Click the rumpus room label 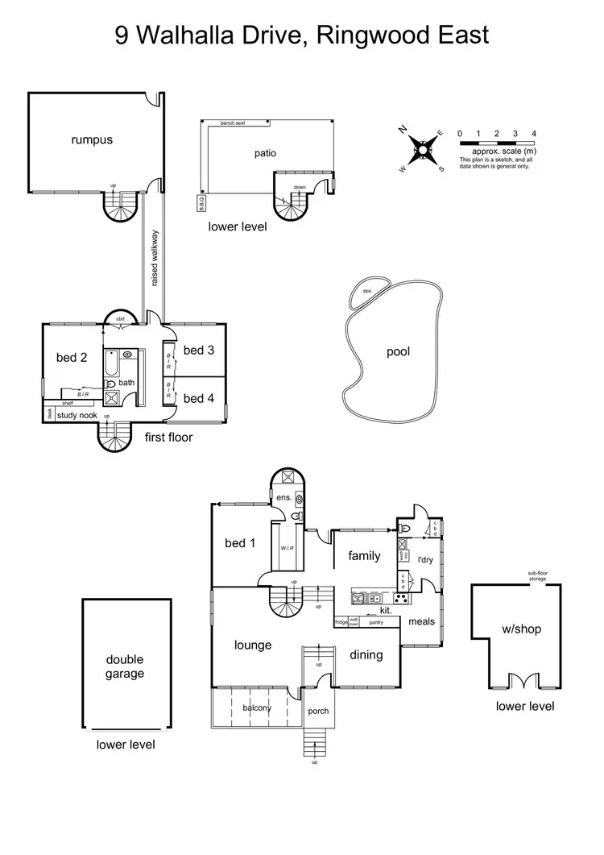coord(91,139)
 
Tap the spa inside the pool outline coord(366,291)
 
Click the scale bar coord(496,143)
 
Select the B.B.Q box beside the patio coord(201,203)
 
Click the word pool coord(398,352)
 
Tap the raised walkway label coord(154,258)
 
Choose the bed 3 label coord(199,351)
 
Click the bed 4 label coord(199,398)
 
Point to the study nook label coord(77,416)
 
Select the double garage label coord(125,666)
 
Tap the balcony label coord(258,708)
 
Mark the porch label coord(319,712)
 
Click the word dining coord(366,655)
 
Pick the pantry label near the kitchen coord(375,622)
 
